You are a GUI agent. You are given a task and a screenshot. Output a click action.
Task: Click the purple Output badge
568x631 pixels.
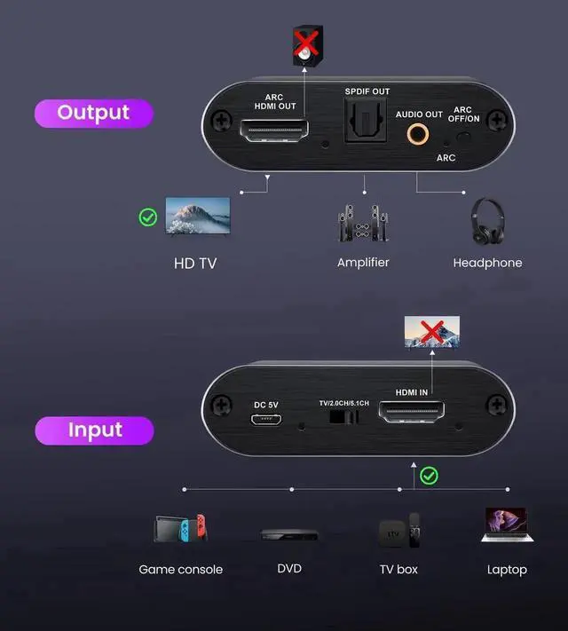coord(93,113)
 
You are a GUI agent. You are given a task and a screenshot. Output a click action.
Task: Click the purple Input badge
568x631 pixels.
coord(94,430)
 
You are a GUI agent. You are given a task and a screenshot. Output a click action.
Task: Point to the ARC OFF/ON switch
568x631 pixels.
coord(461,138)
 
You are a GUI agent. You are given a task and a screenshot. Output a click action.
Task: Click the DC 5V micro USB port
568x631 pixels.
coord(266,421)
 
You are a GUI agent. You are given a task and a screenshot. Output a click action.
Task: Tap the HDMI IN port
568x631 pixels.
coord(412,414)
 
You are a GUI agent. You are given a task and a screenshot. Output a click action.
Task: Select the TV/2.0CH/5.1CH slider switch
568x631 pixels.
coord(337,416)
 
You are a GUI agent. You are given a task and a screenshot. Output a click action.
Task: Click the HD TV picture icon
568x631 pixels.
coord(198,216)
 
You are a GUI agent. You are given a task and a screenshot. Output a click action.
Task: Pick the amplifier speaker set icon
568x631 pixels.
coord(363,225)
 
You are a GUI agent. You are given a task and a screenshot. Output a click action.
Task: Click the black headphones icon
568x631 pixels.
coord(487,221)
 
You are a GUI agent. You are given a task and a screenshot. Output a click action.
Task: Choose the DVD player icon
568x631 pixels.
coord(288,534)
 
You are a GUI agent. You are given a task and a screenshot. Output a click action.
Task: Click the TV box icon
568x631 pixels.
coord(398,532)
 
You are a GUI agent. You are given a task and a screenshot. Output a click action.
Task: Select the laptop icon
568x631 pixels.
coord(506,526)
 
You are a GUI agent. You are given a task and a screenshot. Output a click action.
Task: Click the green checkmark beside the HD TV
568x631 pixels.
coord(148,217)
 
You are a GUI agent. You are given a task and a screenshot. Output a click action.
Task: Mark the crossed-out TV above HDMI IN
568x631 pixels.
coord(432,333)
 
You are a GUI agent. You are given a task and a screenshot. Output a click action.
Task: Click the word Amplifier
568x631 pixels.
coord(363,263)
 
